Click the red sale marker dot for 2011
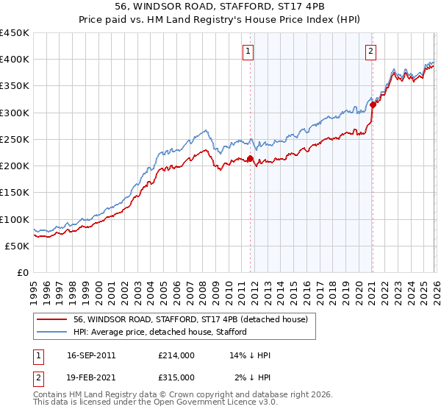(250, 158)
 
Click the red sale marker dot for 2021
(373, 104)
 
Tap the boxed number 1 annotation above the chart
(249, 51)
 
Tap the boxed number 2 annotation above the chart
(371, 51)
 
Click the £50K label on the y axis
(17, 246)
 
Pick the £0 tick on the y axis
(24, 272)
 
